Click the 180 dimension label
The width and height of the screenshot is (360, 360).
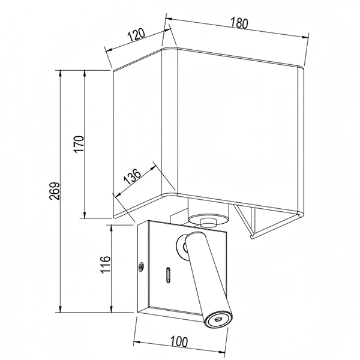(239, 23)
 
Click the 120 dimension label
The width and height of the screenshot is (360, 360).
(136, 34)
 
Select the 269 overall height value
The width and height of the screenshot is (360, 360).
(55, 191)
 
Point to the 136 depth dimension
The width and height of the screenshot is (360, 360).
(132, 177)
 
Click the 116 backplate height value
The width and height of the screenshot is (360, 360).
(106, 264)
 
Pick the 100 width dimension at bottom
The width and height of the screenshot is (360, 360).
(179, 341)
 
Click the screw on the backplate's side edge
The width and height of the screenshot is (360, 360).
(142, 266)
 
